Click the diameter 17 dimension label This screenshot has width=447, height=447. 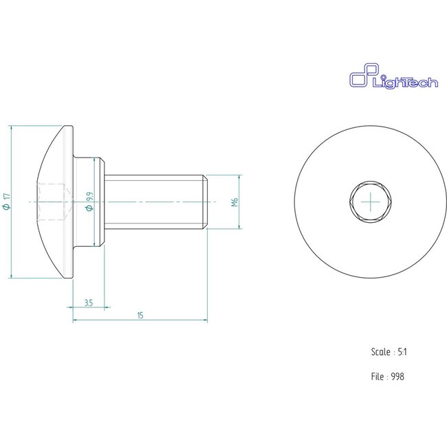point(7,201)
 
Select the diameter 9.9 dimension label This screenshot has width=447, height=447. point(90,202)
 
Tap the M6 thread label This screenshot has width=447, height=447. point(234,202)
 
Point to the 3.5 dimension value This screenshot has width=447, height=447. point(89,303)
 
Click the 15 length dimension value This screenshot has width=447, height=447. point(140,315)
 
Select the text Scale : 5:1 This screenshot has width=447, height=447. point(389,351)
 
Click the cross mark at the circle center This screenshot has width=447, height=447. point(369,201)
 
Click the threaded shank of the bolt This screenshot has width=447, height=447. point(155,201)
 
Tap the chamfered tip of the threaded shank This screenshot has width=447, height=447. point(206,201)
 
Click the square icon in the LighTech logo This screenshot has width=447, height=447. point(359,77)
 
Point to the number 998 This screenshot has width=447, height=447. point(396,376)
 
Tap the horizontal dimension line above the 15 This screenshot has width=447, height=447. point(140,320)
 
